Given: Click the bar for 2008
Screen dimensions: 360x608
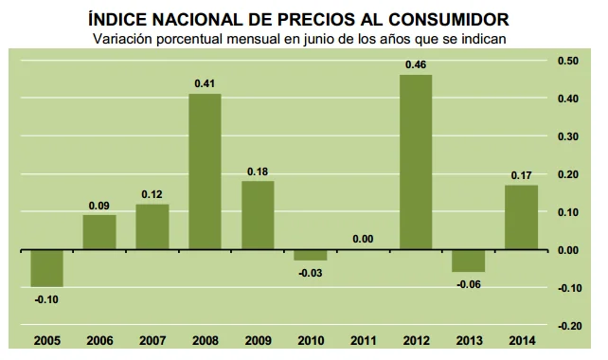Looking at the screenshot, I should pyautogui.click(x=205, y=171).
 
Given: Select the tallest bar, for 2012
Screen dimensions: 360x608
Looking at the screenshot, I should pyautogui.click(x=416, y=162).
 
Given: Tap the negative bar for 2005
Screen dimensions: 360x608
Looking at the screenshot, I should pyautogui.click(x=46, y=268).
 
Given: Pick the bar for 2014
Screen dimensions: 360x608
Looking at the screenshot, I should pyautogui.click(x=521, y=217).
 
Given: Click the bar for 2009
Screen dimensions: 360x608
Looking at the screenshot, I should pyautogui.click(x=258, y=215).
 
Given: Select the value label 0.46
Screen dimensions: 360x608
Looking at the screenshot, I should pyautogui.click(x=415, y=65).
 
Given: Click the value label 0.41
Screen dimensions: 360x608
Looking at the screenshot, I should pyautogui.click(x=204, y=83).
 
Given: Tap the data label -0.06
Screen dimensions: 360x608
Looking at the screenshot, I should pyautogui.click(x=469, y=283).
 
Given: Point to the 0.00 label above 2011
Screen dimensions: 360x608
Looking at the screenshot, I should pyautogui.click(x=363, y=239).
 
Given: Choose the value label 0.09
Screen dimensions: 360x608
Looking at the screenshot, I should pyautogui.click(x=98, y=205).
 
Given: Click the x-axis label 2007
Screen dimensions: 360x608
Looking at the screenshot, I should pyautogui.click(x=152, y=339).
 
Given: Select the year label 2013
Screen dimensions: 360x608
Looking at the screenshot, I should pyautogui.click(x=468, y=339).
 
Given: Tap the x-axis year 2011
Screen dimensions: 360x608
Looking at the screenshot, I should pyautogui.click(x=363, y=339).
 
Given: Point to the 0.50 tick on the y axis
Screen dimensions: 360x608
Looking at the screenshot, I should pyautogui.click(x=568, y=61).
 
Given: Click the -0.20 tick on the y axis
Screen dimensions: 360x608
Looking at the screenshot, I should pyautogui.click(x=567, y=325).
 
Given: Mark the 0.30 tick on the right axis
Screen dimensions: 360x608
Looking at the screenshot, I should pyautogui.click(x=568, y=136).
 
